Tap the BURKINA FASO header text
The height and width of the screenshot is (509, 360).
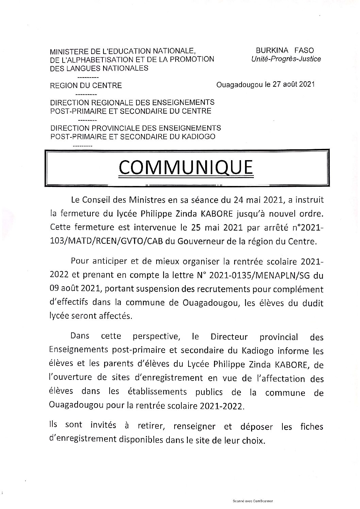285,50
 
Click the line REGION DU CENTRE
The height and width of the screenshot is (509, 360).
86,86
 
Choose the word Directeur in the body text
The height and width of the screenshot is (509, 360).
230,337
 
